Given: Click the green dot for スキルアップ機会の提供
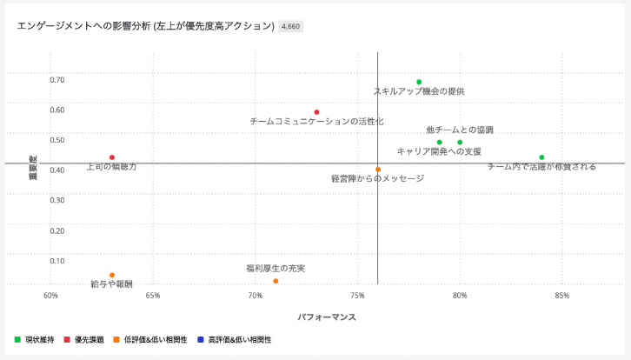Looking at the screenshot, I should (x=419, y=83).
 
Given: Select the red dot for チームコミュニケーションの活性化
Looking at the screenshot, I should (x=316, y=112).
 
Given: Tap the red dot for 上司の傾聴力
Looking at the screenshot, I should (x=112, y=157).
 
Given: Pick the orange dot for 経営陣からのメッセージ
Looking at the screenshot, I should (x=378, y=170).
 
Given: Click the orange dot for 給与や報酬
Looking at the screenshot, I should (x=112, y=275).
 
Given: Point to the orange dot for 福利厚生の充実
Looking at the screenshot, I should (x=276, y=281).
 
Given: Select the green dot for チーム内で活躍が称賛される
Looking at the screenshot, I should (x=541, y=157).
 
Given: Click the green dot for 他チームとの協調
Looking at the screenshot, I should (x=460, y=143).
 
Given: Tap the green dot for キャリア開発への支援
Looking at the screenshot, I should (x=440, y=143).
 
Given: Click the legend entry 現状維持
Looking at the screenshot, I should (x=39, y=340).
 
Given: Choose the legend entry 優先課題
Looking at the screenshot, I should (x=88, y=340).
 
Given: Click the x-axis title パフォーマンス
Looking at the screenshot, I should (x=327, y=317).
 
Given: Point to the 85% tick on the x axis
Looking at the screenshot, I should (x=561, y=296).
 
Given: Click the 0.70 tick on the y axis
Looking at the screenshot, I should (x=56, y=80).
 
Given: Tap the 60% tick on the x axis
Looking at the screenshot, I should (x=50, y=296).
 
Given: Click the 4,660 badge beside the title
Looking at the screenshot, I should (x=290, y=27).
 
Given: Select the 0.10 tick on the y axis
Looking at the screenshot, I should (x=56, y=261).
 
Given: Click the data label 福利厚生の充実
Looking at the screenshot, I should (x=276, y=269).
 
